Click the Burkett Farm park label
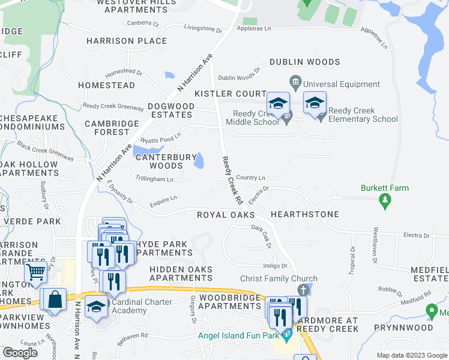[x=384, y=188]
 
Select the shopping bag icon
[x=55, y=300]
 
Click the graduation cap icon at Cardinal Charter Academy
[x=96, y=307]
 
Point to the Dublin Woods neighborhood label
[x=304, y=62]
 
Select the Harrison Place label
[x=127, y=41]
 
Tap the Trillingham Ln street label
[x=154, y=179]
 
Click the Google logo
[x=20, y=353]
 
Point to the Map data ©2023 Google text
[x=412, y=356]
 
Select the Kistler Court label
[x=230, y=94]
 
